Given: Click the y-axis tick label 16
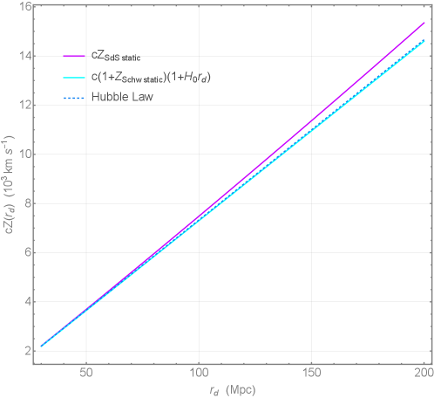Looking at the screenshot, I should [x=25, y=6].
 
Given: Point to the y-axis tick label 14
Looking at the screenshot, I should [x=25, y=55].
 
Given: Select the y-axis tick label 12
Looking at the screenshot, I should [x=25, y=105].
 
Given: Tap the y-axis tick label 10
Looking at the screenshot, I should [x=25, y=154].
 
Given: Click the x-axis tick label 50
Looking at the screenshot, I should [x=86, y=370].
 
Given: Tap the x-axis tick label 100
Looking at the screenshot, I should [x=200, y=370].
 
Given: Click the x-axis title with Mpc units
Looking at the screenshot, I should [x=230, y=388].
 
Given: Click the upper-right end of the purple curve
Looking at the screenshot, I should [x=424, y=23].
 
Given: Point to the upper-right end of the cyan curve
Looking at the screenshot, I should [x=424, y=40].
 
